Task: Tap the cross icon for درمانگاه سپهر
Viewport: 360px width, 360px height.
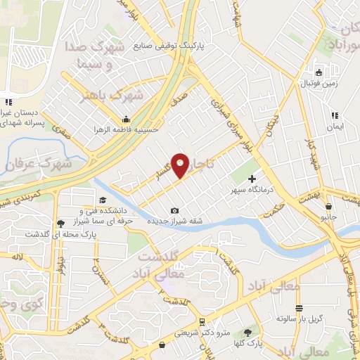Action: tap(252, 179)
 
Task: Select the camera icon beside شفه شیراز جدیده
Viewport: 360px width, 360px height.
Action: tap(174, 211)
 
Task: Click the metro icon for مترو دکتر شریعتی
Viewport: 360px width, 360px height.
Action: tap(202, 321)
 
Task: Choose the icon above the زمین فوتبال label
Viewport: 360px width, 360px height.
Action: tap(319, 72)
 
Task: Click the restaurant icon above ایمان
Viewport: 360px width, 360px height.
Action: tap(335, 115)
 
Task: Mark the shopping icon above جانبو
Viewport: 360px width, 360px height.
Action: tap(328, 206)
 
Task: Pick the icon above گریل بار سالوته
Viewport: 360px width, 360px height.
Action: tap(299, 309)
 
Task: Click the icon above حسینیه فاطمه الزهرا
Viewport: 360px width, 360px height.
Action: tap(126, 118)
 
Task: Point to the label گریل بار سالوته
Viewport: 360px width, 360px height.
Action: tap(298, 319)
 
